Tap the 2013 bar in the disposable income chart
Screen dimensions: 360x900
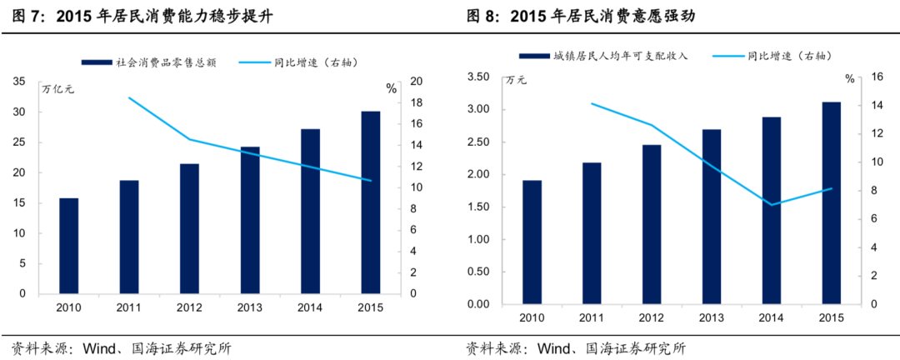tap(711, 217)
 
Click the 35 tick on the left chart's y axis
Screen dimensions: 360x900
tap(19, 82)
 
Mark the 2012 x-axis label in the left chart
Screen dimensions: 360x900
tap(189, 309)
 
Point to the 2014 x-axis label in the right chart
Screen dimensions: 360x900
tap(771, 318)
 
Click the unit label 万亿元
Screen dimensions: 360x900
tap(57, 90)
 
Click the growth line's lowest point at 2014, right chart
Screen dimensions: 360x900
tap(771, 204)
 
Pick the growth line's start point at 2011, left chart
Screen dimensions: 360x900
tap(129, 97)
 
